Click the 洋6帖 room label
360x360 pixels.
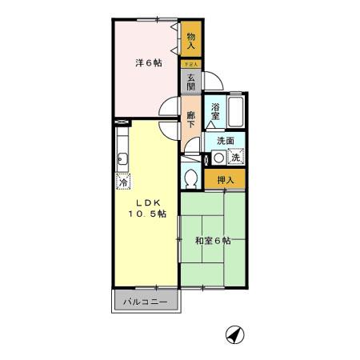[x=146, y=62]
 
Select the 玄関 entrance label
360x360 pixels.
[x=191, y=81]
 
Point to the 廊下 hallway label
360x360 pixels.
[x=191, y=119]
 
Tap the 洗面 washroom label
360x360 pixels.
[x=225, y=141]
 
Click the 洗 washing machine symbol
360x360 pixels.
[x=236, y=158]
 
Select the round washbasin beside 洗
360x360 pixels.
[x=218, y=158]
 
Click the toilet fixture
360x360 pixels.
[x=190, y=176]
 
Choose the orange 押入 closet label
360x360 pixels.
[x=225, y=180]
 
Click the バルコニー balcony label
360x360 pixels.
[x=146, y=302]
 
